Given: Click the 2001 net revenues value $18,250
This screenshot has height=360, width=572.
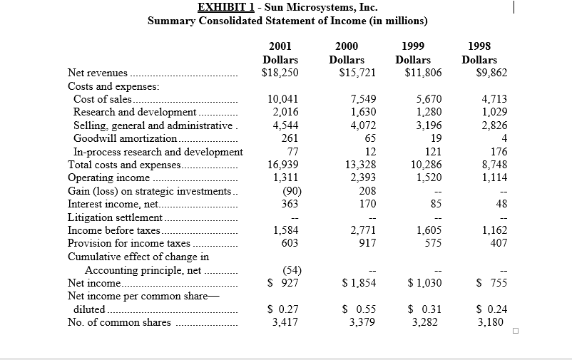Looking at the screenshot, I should click(280, 73).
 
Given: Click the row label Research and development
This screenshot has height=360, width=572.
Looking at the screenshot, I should click(134, 112).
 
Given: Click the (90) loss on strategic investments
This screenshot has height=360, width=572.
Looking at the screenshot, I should click(287, 191).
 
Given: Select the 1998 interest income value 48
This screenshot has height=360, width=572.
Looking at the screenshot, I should click(501, 204).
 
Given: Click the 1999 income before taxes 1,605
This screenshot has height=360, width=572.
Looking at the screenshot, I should click(428, 230).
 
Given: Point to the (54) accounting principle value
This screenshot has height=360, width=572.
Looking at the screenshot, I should click(287, 270).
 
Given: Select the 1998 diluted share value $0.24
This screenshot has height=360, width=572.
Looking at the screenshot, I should click(492, 309).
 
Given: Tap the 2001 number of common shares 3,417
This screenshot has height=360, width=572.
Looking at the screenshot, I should click(285, 322).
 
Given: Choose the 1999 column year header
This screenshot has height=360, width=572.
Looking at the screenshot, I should click(413, 46).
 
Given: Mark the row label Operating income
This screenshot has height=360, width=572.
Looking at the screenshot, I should click(108, 178).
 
